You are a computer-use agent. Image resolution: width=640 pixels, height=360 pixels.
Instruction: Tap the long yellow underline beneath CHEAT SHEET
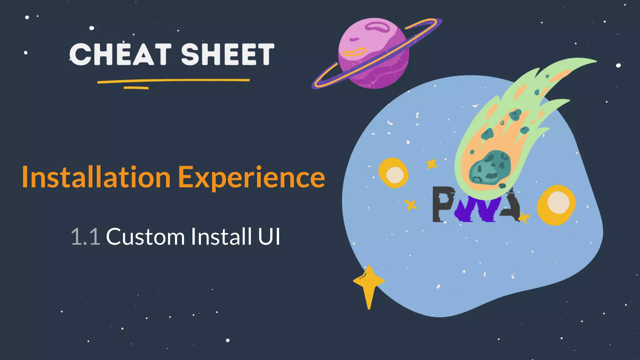[x=173, y=81]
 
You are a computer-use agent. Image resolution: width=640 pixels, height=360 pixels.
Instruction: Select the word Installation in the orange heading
[x=96, y=177]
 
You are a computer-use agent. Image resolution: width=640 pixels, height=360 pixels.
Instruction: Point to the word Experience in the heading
[x=252, y=177]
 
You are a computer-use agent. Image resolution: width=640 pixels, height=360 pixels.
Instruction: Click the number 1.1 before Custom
[x=85, y=237]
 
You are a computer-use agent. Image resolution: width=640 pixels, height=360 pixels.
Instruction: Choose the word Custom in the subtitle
[x=146, y=237]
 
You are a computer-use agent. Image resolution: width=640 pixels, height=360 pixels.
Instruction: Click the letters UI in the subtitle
[x=269, y=237]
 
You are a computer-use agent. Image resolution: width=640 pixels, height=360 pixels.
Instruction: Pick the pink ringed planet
[x=373, y=53]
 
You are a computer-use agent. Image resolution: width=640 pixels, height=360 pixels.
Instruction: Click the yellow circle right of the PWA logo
[x=557, y=205]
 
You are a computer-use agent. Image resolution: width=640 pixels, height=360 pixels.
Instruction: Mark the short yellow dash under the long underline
[x=136, y=88]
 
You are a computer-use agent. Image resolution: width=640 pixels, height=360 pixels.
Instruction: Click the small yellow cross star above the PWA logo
[x=432, y=163]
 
